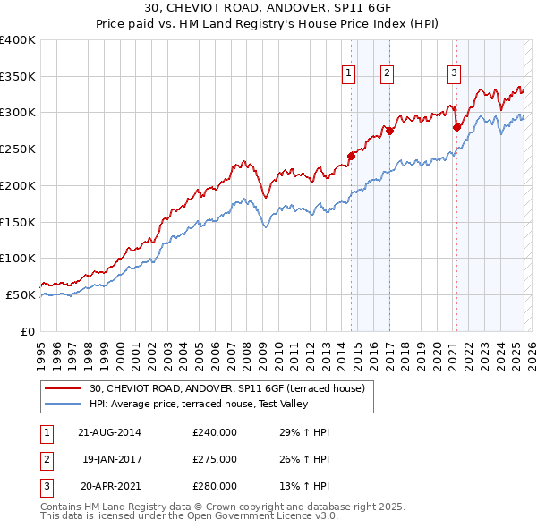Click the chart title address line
[268, 8]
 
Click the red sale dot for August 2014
[351, 156]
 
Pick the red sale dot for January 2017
[389, 131]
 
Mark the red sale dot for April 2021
[456, 127]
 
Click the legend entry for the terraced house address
[226, 389]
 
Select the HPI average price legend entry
[198, 405]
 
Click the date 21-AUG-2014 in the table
[110, 432]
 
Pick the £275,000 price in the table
[215, 459]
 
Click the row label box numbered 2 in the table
[46, 459]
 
